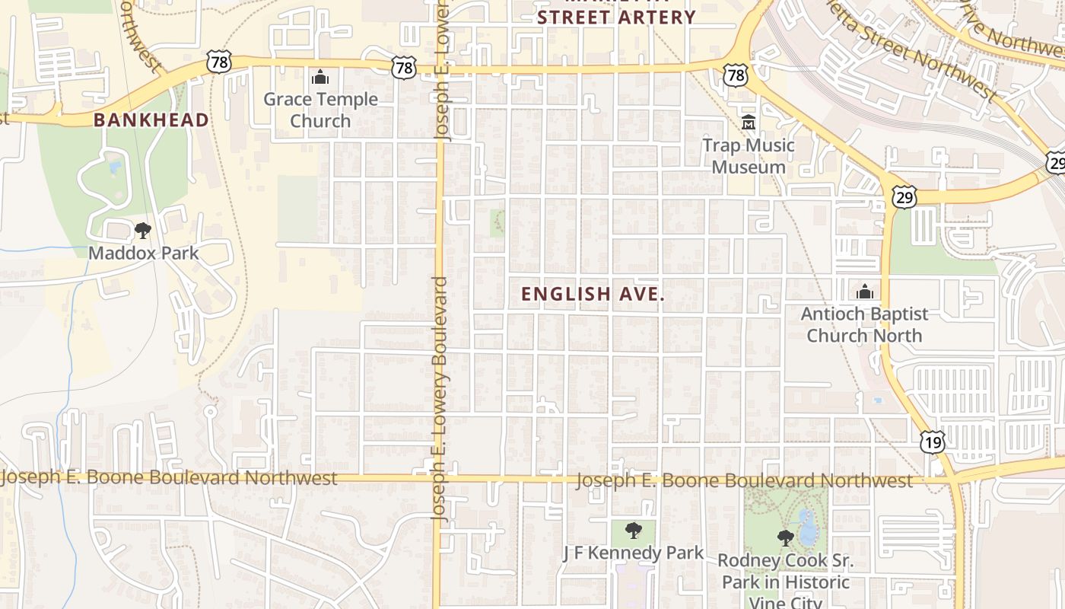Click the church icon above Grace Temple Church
click(320, 77)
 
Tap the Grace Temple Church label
click(320, 110)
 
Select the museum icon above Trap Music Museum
click(749, 122)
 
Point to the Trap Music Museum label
click(749, 156)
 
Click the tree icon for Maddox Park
click(142, 230)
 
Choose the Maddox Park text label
click(143, 253)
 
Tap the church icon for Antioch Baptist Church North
click(864, 292)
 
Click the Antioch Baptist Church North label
click(864, 324)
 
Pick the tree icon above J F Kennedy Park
click(633, 531)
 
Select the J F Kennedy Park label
click(633, 553)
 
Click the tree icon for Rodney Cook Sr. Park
click(785, 538)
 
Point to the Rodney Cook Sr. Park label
click(785, 582)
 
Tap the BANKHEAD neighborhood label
click(151, 120)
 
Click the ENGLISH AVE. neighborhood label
click(593, 295)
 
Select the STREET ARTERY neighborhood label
click(616, 17)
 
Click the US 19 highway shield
click(933, 442)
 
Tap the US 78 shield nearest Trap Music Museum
click(736, 75)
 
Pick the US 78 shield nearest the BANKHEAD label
click(219, 62)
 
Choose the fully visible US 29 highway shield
click(905, 197)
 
